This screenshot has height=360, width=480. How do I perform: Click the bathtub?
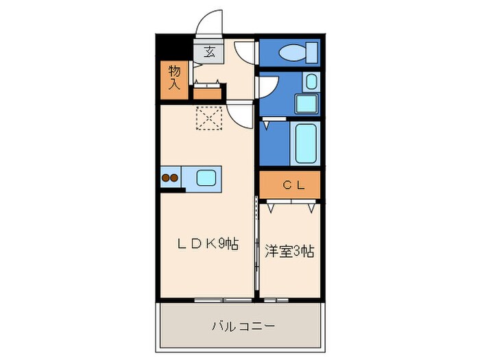[x=305, y=144]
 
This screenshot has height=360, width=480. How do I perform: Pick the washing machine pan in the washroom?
[x=306, y=104]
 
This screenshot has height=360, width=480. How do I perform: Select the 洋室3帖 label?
[x=290, y=250]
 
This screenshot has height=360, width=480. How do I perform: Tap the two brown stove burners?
[x=170, y=178]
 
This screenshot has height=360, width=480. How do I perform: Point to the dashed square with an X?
[x=209, y=118]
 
